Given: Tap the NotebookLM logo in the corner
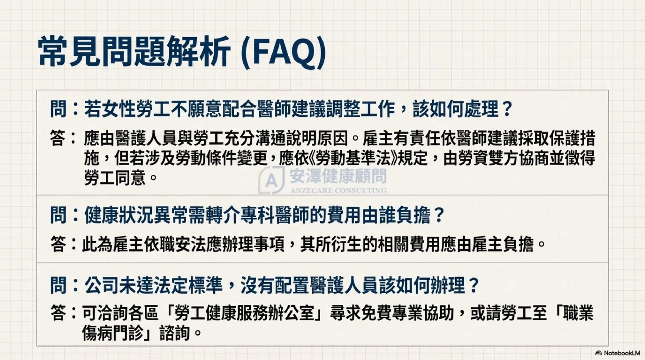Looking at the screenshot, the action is pos(618,353).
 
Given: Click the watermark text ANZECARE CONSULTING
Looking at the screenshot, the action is pos(338,191).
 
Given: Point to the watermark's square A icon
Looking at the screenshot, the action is pos(271,180).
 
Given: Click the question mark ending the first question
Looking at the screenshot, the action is pos(507,109).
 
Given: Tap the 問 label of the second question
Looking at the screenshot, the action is pos(58,215).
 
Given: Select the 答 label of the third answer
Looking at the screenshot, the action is pos(58,313).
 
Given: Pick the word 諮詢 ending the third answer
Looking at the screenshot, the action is pos(175,333).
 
